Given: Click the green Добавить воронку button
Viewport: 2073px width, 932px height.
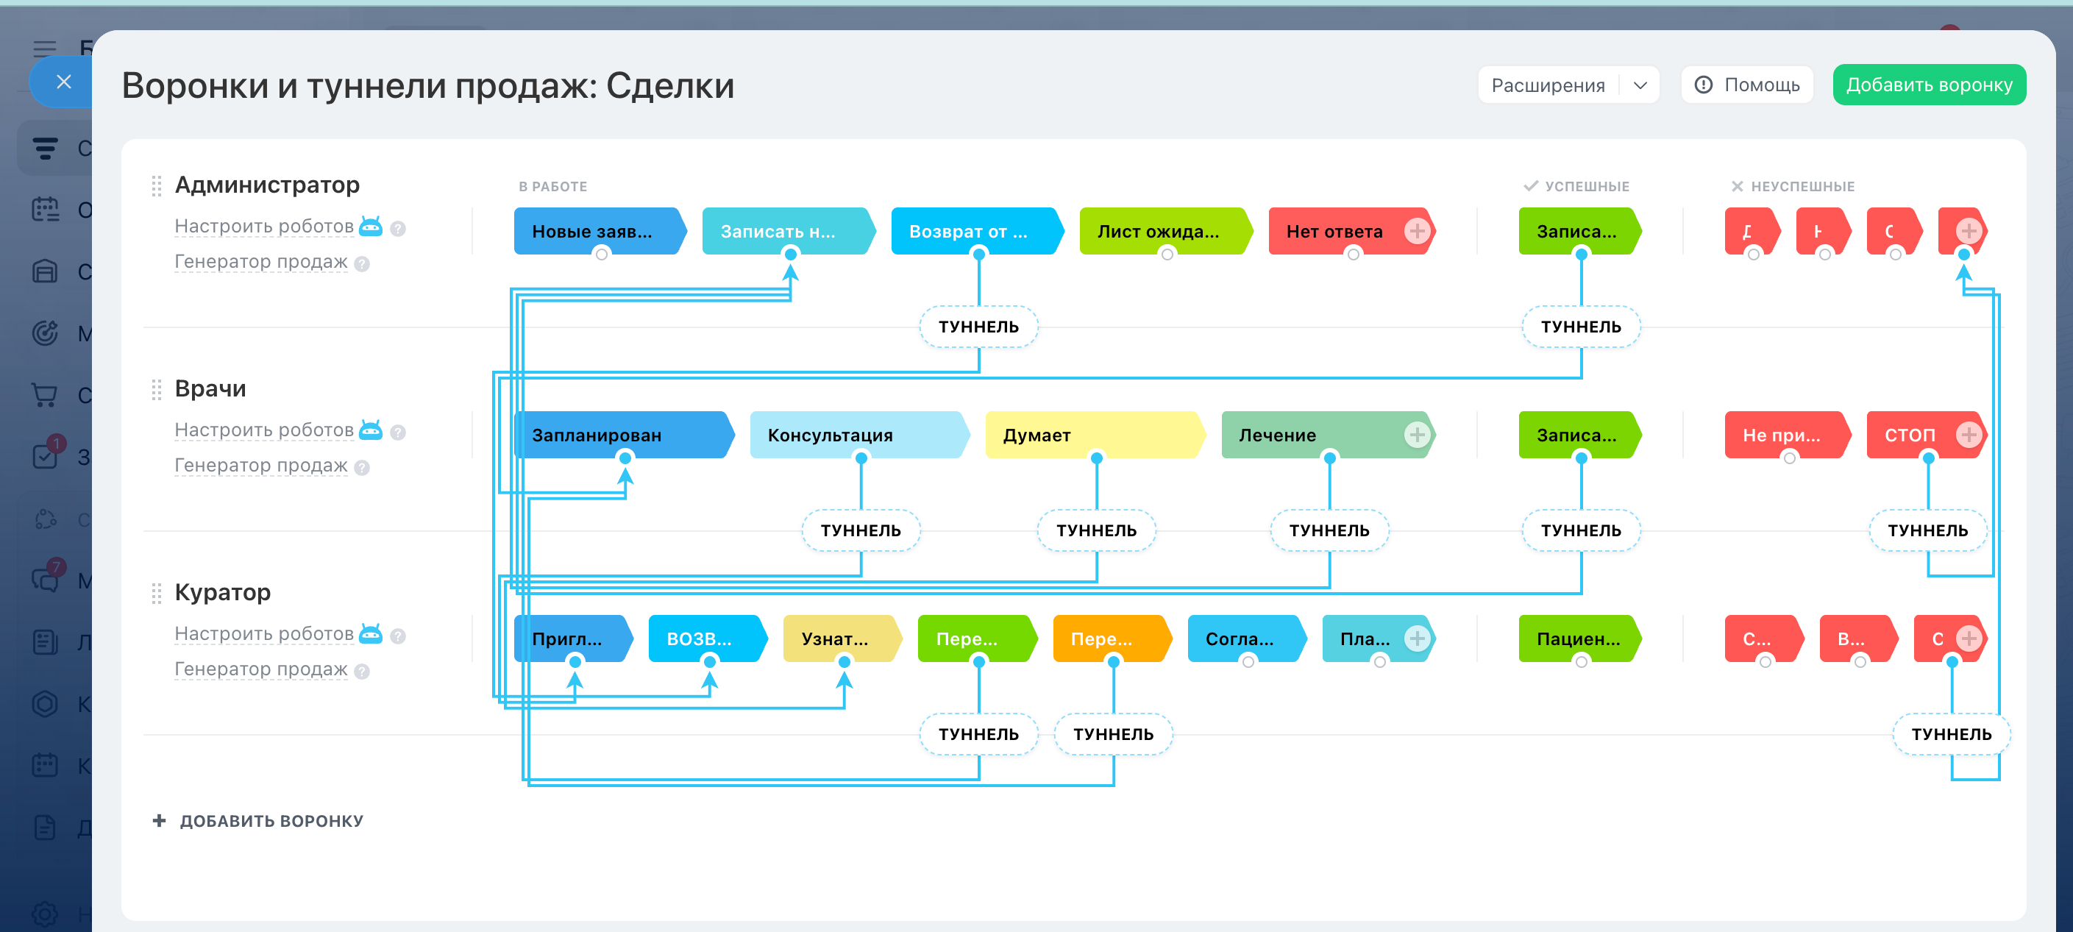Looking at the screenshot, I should point(1928,85).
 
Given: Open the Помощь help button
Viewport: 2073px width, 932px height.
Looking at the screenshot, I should point(1746,85).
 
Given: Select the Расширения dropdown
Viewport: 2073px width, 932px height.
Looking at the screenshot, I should point(1567,85).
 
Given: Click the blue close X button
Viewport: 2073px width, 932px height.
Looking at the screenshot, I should point(63,82).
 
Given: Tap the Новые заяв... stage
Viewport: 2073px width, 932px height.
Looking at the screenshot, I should point(592,231).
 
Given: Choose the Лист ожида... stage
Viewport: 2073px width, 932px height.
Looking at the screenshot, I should point(1158,231).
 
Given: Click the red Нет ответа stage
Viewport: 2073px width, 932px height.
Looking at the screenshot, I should point(1334,231).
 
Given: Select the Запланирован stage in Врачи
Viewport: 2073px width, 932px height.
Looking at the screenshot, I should point(597,435).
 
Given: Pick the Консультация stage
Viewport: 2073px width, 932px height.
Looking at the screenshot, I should point(831,435).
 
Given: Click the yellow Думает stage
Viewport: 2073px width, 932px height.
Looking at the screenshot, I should point(1037,435).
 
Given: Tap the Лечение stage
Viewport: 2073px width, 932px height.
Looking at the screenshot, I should point(1278,435).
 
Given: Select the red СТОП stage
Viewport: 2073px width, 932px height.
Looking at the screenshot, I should point(1909,435).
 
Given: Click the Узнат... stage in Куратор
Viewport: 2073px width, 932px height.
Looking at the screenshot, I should point(834,638).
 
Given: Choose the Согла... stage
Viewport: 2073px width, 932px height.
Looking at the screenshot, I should point(1240,638).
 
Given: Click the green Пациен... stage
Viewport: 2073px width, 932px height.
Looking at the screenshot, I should point(1578,638).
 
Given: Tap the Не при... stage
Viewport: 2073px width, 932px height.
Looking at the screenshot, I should point(1781,435).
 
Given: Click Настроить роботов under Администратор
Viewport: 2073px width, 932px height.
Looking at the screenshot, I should point(264,226).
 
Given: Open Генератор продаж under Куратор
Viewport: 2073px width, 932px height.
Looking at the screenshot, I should point(260,669).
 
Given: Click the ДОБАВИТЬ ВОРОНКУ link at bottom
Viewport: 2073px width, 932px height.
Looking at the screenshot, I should point(271,821).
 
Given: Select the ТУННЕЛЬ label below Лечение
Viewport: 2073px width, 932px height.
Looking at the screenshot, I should point(1329,530).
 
